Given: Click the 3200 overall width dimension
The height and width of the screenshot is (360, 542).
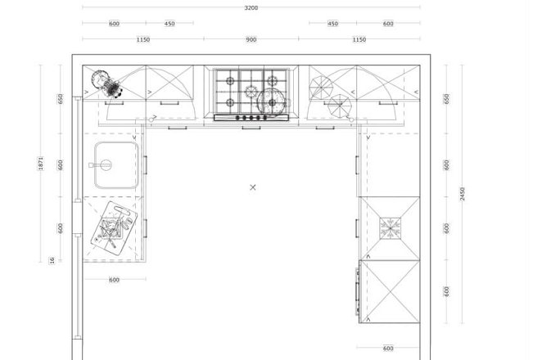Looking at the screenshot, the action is click(251, 7).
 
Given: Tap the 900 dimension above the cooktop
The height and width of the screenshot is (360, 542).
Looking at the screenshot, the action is click(251, 39).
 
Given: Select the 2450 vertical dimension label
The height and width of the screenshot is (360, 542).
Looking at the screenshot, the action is click(463, 194).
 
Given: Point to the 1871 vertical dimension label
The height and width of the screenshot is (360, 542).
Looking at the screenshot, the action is click(40, 163).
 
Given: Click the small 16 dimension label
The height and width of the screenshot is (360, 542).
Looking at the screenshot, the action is click(52, 260).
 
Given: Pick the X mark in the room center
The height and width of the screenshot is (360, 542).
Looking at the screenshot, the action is click(253, 187).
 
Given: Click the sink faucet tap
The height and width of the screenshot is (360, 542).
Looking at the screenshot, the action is click(100, 165).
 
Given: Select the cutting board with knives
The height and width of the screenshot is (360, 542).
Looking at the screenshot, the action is click(114, 228).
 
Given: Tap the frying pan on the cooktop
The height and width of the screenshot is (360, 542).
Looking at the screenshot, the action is click(272, 102).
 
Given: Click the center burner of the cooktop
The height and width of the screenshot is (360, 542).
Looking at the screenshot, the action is click(251, 92).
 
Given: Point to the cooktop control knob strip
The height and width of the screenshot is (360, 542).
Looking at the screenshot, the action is click(251, 118).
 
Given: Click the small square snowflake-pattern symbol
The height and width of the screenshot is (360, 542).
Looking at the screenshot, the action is click(391, 228).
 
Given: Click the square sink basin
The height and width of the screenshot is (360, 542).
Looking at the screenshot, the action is click(117, 165).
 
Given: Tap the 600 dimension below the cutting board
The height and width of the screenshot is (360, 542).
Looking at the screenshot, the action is click(114, 280).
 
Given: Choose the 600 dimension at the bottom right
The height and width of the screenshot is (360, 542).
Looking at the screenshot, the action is click(388, 349).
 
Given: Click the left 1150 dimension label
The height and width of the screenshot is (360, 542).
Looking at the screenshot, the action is click(143, 39).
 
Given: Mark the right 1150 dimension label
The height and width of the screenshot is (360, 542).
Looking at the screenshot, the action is click(359, 39).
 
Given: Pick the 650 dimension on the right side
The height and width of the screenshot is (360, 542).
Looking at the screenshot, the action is click(446, 99).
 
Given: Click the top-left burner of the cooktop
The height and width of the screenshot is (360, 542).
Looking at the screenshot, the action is click(230, 81).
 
